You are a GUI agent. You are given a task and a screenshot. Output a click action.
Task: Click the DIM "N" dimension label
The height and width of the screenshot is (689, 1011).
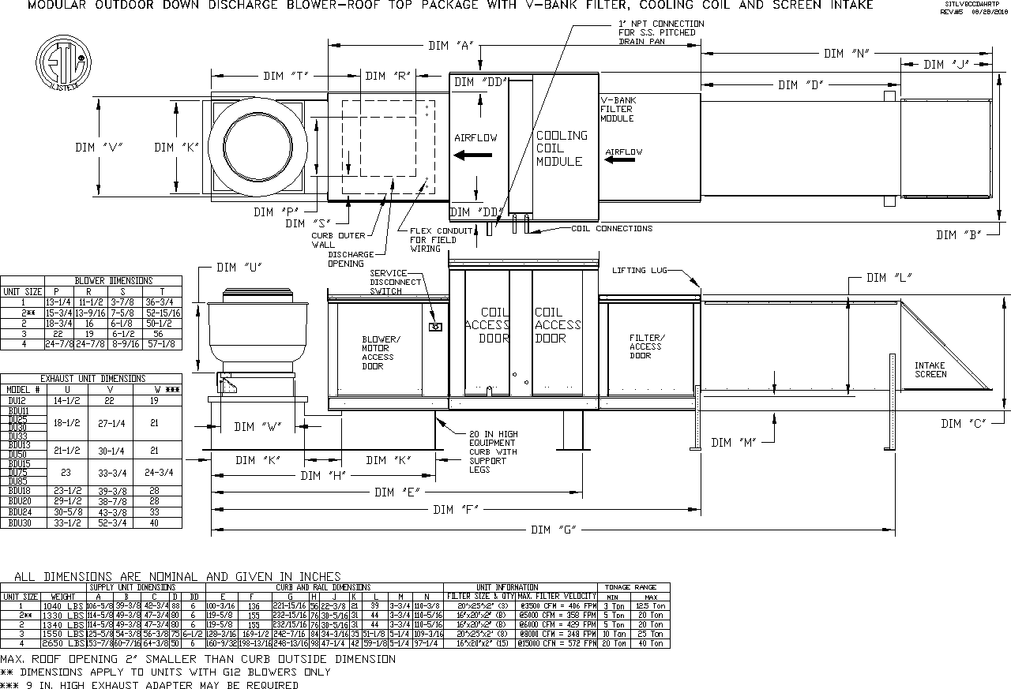[x=846, y=54]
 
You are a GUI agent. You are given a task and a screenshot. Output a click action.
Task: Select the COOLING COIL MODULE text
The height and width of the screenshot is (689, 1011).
[x=562, y=148]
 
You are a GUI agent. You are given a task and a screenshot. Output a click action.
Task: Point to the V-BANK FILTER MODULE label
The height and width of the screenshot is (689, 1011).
[x=617, y=110]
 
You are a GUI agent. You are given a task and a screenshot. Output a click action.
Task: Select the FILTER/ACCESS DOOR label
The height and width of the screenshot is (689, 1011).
[x=645, y=346]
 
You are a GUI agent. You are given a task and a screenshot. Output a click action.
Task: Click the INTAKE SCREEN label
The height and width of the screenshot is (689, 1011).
[x=930, y=369]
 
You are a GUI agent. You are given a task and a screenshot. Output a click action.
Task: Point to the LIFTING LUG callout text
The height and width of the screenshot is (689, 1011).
[x=639, y=271]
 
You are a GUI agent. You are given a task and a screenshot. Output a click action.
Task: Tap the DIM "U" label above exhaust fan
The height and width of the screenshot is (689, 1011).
[x=240, y=268]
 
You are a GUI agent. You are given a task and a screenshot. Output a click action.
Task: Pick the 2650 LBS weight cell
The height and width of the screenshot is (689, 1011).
[x=66, y=644]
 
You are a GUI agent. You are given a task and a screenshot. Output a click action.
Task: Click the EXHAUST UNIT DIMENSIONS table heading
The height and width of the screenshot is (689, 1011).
[x=92, y=379]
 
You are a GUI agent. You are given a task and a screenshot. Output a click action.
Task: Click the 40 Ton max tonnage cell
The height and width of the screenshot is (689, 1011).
[x=651, y=644]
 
